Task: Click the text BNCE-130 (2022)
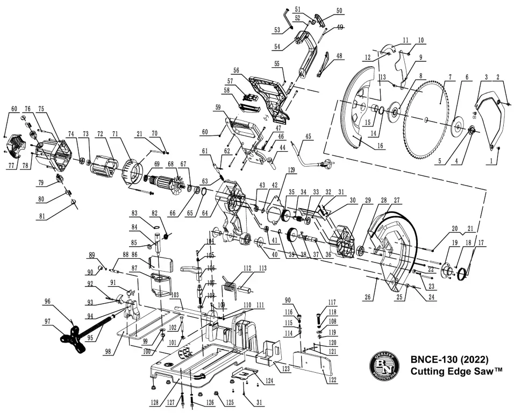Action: [449, 359]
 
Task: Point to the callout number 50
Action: [339, 11]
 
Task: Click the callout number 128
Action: [155, 402]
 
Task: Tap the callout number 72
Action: [100, 133]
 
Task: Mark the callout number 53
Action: [277, 30]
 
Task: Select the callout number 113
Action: [262, 267]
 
